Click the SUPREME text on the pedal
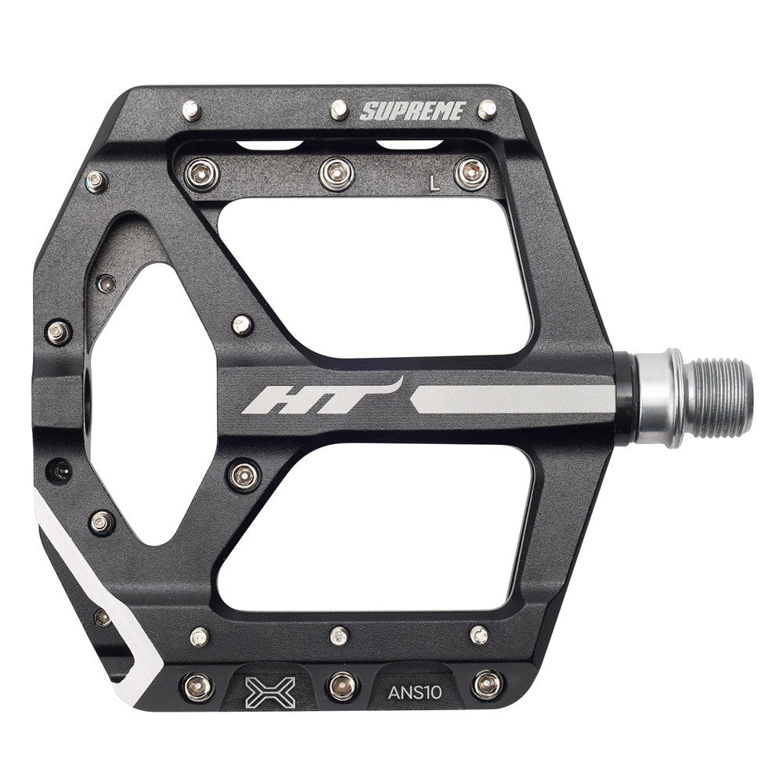pyautogui.click(x=413, y=111)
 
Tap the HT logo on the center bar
pyautogui.click(x=322, y=397)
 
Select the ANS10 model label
pyautogui.click(x=415, y=693)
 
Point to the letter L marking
pyautogui.click(x=435, y=184)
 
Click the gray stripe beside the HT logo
pyautogui.click(x=512, y=399)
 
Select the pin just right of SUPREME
pyautogui.click(x=487, y=110)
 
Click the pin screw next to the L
pyautogui.click(x=471, y=174)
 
